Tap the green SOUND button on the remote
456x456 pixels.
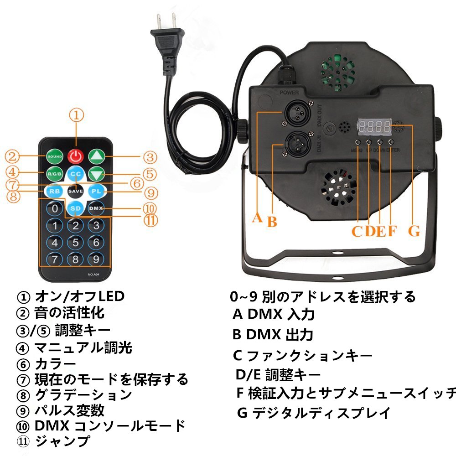point(55,157)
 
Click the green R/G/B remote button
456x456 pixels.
point(55,174)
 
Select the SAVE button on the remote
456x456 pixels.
point(75,191)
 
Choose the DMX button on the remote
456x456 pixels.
point(96,208)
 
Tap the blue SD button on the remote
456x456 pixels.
point(75,208)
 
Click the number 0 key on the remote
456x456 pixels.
point(55,208)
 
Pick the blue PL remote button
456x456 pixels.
point(96,191)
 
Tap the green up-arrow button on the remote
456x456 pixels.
point(96,157)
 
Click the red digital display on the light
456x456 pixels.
point(374,127)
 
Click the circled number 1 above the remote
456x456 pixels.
point(77,115)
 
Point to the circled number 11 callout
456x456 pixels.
point(150,220)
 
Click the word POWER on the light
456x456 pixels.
point(290,92)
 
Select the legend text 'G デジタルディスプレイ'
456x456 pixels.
point(314,413)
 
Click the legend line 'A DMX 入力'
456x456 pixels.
point(274,314)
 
